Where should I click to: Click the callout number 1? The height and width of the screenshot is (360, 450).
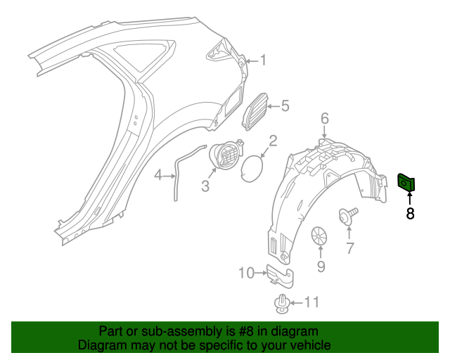[x=263, y=60]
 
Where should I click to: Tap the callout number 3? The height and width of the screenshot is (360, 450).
[x=205, y=186]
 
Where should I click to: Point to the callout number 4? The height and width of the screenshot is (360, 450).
[x=159, y=175]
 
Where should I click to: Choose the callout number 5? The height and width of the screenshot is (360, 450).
[x=285, y=106]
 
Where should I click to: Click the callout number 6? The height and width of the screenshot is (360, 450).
[x=325, y=117]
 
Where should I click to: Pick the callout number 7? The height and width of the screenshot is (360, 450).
[x=349, y=247]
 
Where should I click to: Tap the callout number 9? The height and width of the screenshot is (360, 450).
[x=321, y=266]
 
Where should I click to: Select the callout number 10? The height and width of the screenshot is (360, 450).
[x=246, y=273]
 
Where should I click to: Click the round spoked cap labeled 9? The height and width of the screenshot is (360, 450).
[x=321, y=236]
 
